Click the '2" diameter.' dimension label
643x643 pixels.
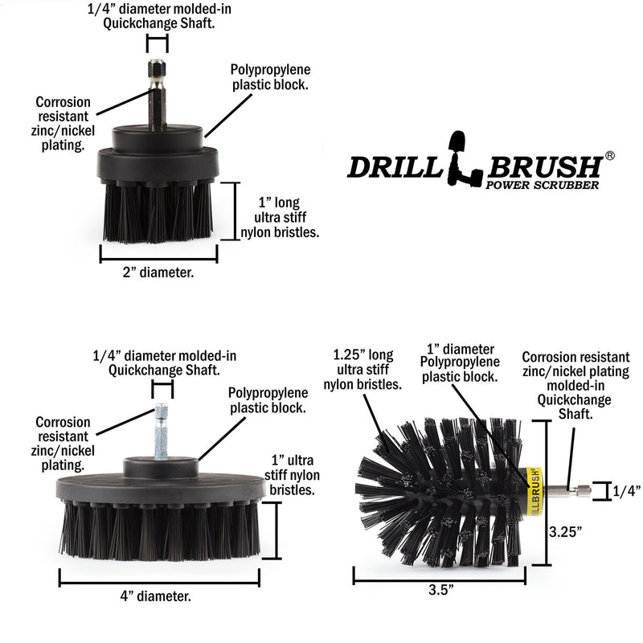click(158, 272)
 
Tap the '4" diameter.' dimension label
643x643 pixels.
click(158, 596)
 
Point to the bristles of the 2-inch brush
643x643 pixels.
click(158, 213)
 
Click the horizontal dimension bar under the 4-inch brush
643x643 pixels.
click(158, 577)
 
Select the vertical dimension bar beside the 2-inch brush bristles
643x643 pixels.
click(237, 211)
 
